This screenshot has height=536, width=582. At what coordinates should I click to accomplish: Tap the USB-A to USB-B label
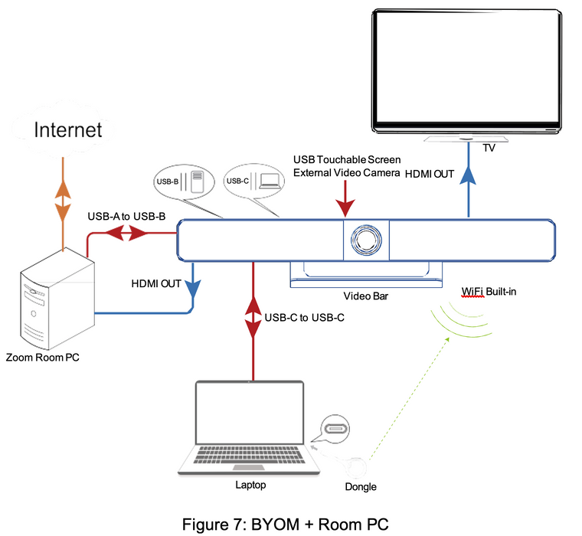coord(127,217)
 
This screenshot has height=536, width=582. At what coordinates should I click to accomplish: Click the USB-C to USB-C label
coord(298,317)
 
